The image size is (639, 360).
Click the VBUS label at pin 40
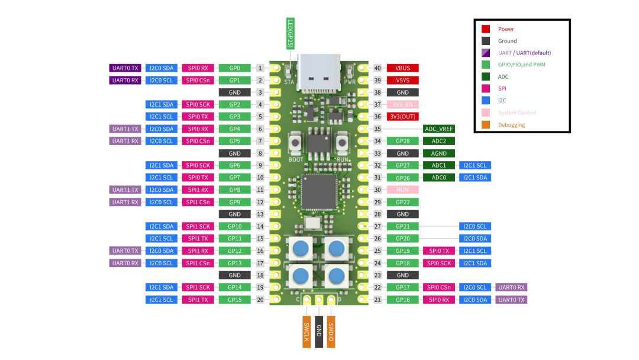tap(403, 68)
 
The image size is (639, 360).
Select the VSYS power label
tap(403, 80)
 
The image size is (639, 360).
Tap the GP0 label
tap(234, 68)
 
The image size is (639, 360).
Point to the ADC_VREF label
tap(438, 129)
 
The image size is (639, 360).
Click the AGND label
tap(438, 153)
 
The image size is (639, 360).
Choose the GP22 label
tap(403, 202)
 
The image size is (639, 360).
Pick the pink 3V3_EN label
tap(403, 105)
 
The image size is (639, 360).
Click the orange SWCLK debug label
tap(306, 331)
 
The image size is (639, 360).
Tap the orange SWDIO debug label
tap(331, 331)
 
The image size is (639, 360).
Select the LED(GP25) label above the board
tap(290, 33)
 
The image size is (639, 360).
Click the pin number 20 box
tap(260, 300)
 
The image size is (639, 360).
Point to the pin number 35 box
tap(377, 129)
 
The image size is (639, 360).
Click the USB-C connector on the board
tap(319, 72)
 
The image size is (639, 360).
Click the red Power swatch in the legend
tap(486, 29)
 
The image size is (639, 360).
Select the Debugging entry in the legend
tap(511, 125)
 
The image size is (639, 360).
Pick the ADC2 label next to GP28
tap(438, 141)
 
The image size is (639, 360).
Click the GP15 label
tap(234, 300)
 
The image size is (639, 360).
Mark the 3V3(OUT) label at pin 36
tap(403, 117)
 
